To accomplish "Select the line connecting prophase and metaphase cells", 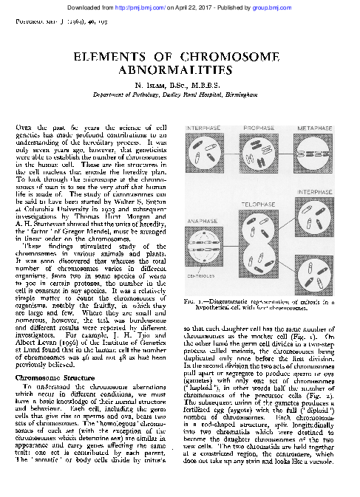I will pos(289,157).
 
